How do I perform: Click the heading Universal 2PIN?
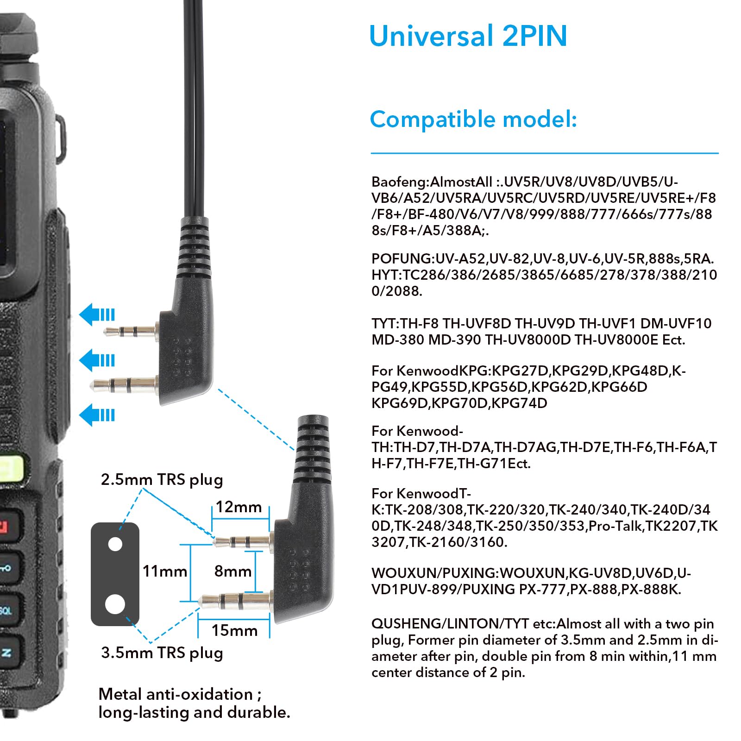pos(468,36)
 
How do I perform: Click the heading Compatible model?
pos(473,119)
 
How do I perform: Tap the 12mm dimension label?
pos(239,507)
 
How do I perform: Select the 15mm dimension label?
pos(234,630)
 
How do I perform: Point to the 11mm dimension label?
pos(164,571)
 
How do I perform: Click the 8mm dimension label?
pos(232,571)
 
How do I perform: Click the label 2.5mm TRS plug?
pos(162,479)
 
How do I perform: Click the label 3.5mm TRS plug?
pos(162,653)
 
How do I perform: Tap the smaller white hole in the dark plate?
pos(115,544)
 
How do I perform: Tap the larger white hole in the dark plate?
pos(115,604)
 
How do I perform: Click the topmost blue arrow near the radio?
pos(97,315)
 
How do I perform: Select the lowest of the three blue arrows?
pos(97,415)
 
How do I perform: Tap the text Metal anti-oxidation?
pos(176,694)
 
